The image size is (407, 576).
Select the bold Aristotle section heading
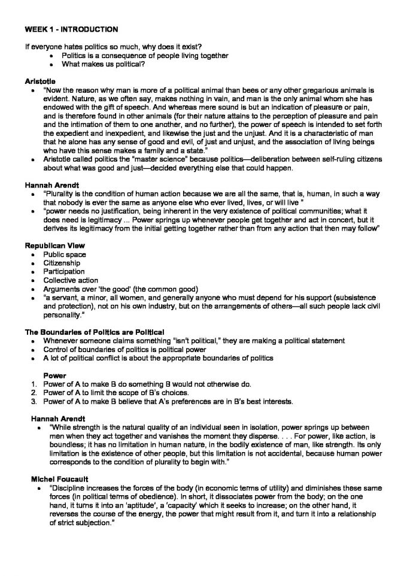(40, 80)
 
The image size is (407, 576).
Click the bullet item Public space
(65, 254)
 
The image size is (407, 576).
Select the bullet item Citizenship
(62, 263)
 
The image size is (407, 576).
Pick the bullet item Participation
(64, 271)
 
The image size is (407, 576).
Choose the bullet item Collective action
(71, 280)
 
